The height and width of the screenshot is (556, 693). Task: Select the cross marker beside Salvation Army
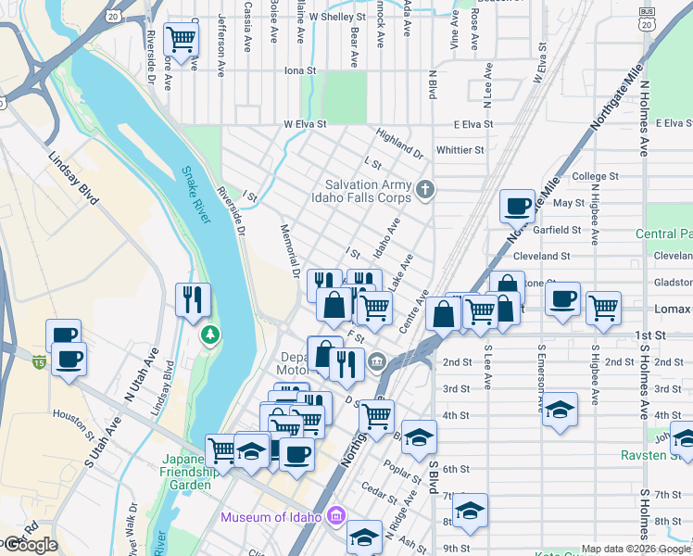point(425,191)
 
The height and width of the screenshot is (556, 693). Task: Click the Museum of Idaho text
point(271,516)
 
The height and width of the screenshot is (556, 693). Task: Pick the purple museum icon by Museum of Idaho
point(336,515)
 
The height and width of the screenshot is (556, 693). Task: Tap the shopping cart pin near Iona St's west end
point(180,40)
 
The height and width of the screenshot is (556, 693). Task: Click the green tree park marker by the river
point(210,334)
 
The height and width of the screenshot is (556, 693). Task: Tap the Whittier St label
point(460,149)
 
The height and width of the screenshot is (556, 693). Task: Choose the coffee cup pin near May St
point(517,206)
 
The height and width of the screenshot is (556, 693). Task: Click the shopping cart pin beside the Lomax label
point(603,306)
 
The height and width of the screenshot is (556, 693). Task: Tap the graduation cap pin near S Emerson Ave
point(561,409)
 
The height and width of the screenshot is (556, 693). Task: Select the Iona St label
point(300,70)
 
